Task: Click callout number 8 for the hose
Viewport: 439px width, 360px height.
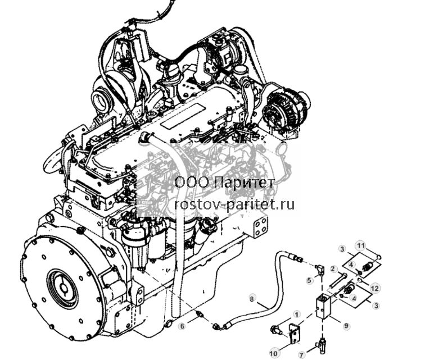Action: (252, 299)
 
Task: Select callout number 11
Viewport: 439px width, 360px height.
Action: (361, 246)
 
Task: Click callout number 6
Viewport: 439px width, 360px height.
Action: (182, 326)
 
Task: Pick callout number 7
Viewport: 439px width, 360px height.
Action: (301, 356)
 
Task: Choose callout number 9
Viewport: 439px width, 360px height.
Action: (346, 326)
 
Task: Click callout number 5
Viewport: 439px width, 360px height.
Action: (309, 280)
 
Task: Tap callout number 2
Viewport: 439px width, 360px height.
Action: (333, 269)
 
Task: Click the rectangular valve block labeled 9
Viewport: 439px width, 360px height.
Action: (324, 307)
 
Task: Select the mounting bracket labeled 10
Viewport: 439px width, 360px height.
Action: (294, 334)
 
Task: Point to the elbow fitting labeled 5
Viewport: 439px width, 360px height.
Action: (319, 270)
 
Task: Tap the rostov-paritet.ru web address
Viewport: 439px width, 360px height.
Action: (234, 204)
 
